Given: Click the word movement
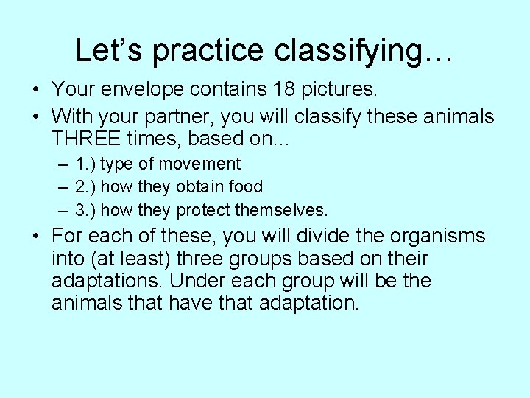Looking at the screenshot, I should (x=205, y=164).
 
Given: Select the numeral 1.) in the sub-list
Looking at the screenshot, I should (x=86, y=164).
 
